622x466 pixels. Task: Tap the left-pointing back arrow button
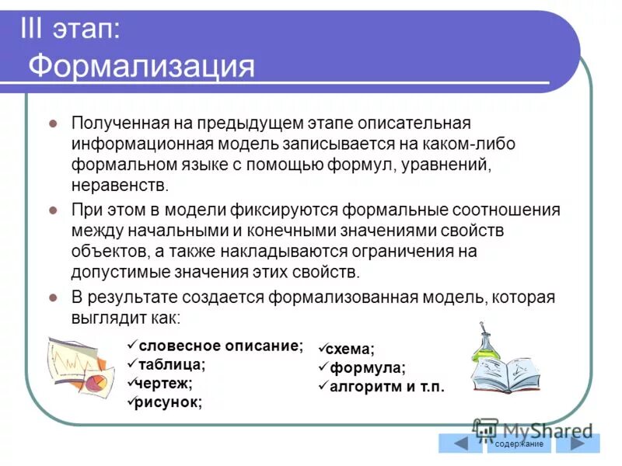(460, 443)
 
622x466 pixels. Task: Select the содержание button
(519, 443)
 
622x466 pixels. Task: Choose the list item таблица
(171, 363)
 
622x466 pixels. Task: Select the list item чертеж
(166, 382)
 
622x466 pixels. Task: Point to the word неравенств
(119, 186)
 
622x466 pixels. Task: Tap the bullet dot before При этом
(53, 210)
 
